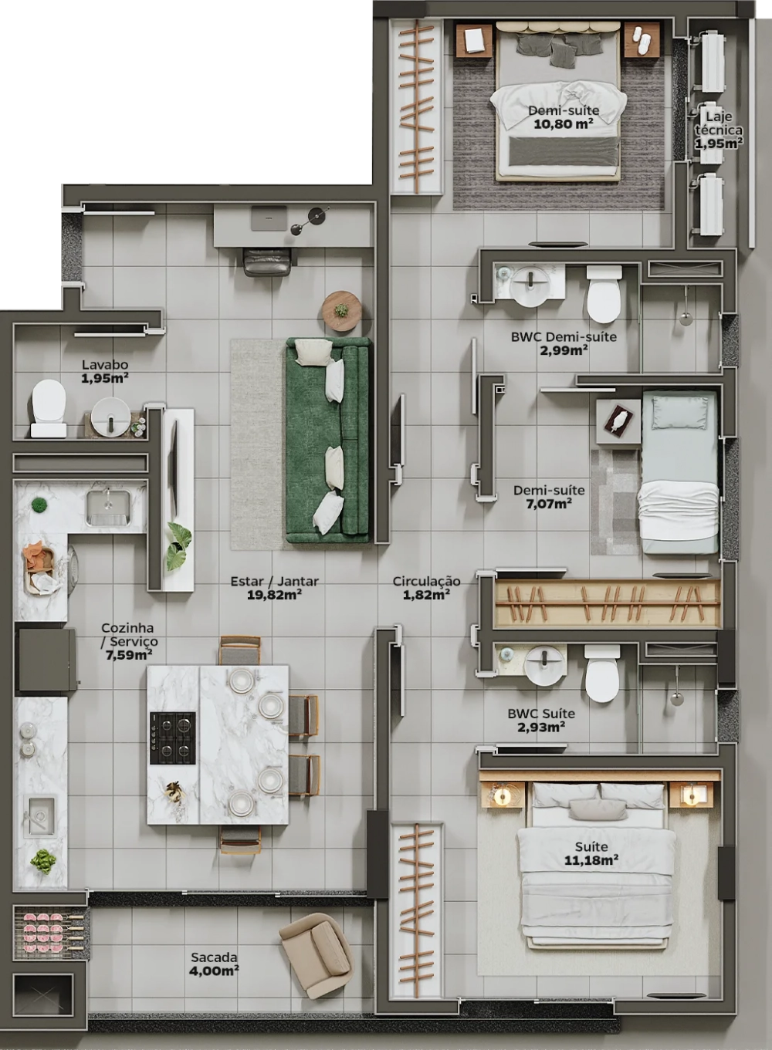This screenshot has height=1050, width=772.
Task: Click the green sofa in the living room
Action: (328, 440)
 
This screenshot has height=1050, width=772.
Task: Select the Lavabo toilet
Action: (49, 408)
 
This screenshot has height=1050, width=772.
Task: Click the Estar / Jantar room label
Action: (274, 588)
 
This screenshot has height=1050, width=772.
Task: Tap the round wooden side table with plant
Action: (341, 311)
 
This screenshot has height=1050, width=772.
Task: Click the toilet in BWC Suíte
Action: (601, 673)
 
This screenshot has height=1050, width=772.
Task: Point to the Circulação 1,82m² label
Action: (426, 588)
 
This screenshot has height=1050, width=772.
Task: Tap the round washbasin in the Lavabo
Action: (110, 417)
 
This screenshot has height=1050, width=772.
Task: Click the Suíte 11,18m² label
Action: (591, 853)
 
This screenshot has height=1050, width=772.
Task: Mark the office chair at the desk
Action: (266, 262)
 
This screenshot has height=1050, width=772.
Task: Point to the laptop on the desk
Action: (269, 218)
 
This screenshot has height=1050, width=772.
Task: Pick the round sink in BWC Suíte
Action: (544, 665)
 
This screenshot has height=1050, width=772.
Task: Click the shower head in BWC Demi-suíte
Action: (686, 319)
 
